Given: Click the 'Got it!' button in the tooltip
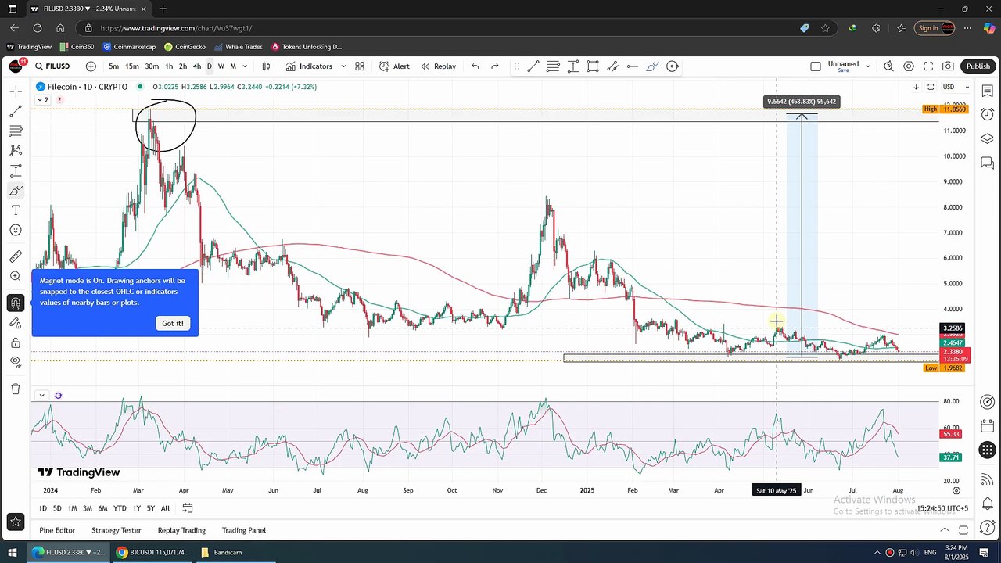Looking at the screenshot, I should [x=173, y=323].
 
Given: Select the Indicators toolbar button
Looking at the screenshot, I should [x=309, y=66].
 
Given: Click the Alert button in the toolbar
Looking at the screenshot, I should [x=395, y=66].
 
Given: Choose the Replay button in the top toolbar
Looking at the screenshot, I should [x=439, y=66].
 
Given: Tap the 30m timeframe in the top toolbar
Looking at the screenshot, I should [x=152, y=66].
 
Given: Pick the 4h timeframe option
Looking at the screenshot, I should [x=197, y=66].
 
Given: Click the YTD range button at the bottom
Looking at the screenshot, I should [x=120, y=508].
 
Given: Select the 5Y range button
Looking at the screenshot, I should [x=151, y=508].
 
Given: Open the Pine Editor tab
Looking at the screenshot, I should [x=57, y=530].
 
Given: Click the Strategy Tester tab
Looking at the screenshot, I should [x=116, y=530].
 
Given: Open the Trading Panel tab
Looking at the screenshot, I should [x=244, y=530].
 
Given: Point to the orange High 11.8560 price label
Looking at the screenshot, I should [x=944, y=109].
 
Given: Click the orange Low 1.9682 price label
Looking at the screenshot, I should [x=944, y=368].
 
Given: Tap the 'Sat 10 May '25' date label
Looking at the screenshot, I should [x=776, y=491].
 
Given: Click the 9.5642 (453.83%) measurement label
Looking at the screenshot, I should [x=802, y=102].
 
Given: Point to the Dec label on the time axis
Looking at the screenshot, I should [x=542, y=491].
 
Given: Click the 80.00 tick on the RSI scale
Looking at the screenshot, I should [x=951, y=402].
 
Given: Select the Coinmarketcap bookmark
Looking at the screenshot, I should [x=130, y=47].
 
